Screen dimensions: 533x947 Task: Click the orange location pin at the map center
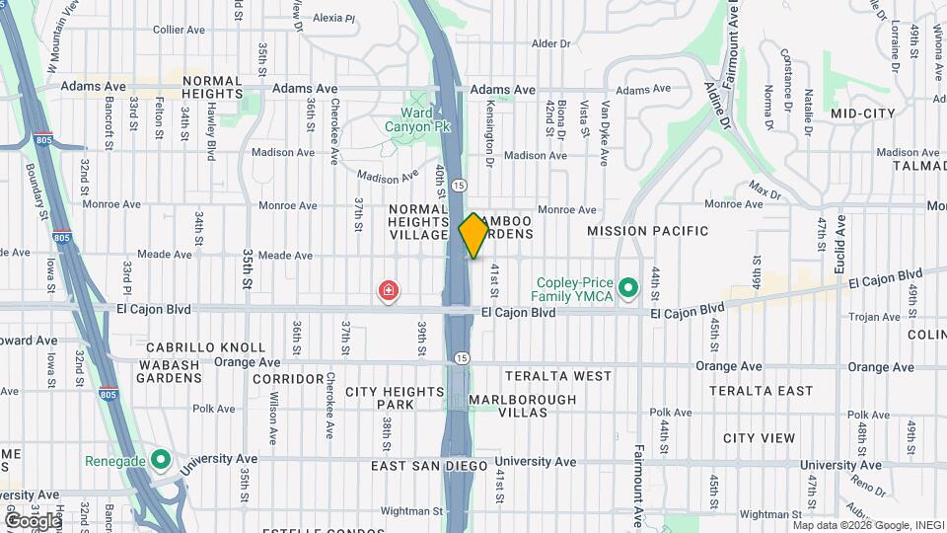(x=473, y=235)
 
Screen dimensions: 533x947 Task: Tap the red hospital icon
(x=390, y=290)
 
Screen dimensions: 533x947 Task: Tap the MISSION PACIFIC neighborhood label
(x=648, y=231)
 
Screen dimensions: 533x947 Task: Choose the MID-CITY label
(x=862, y=114)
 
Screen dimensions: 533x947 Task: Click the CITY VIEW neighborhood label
(x=759, y=437)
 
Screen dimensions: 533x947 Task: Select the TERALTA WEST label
(x=558, y=376)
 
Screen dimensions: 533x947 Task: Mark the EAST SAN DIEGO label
(x=429, y=465)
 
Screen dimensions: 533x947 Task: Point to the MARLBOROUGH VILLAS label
(x=523, y=406)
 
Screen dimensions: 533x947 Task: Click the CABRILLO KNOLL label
(x=206, y=347)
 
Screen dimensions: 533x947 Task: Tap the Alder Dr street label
(x=551, y=43)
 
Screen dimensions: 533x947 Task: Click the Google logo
(x=33, y=519)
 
